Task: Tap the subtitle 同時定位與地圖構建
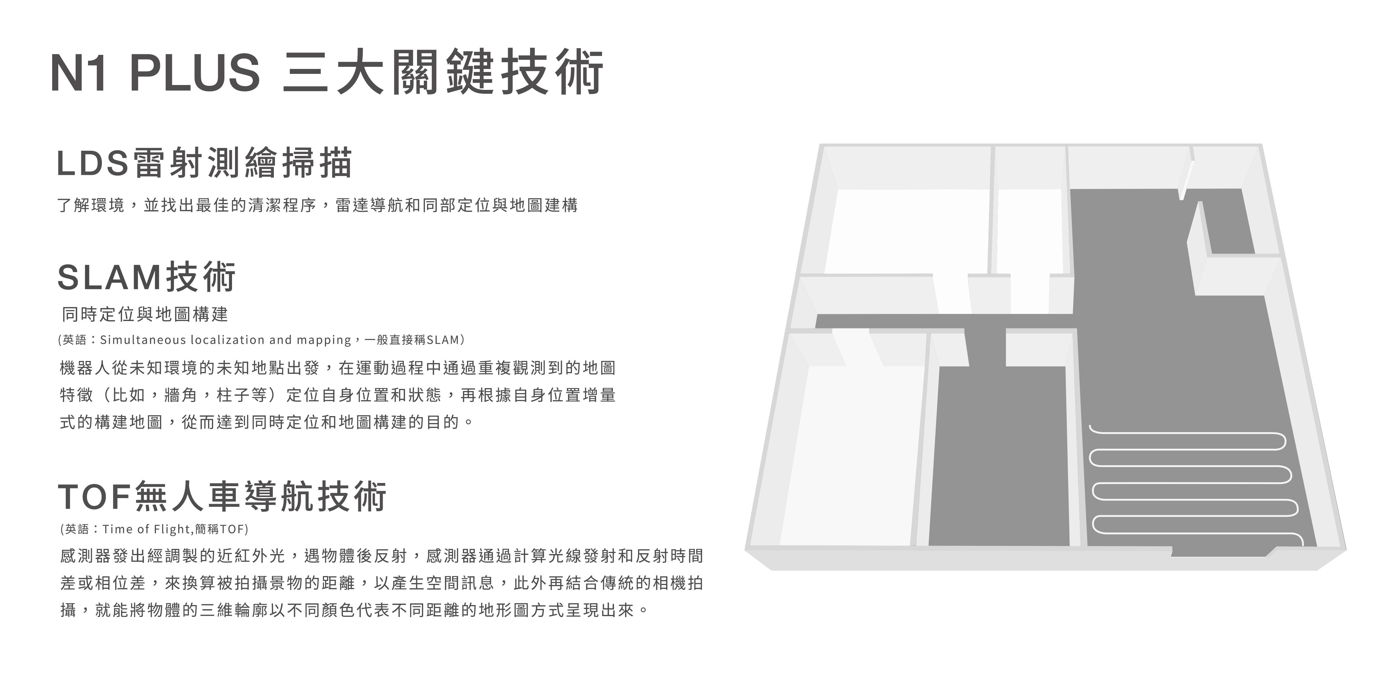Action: (145, 314)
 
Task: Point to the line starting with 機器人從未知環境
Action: (337, 368)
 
